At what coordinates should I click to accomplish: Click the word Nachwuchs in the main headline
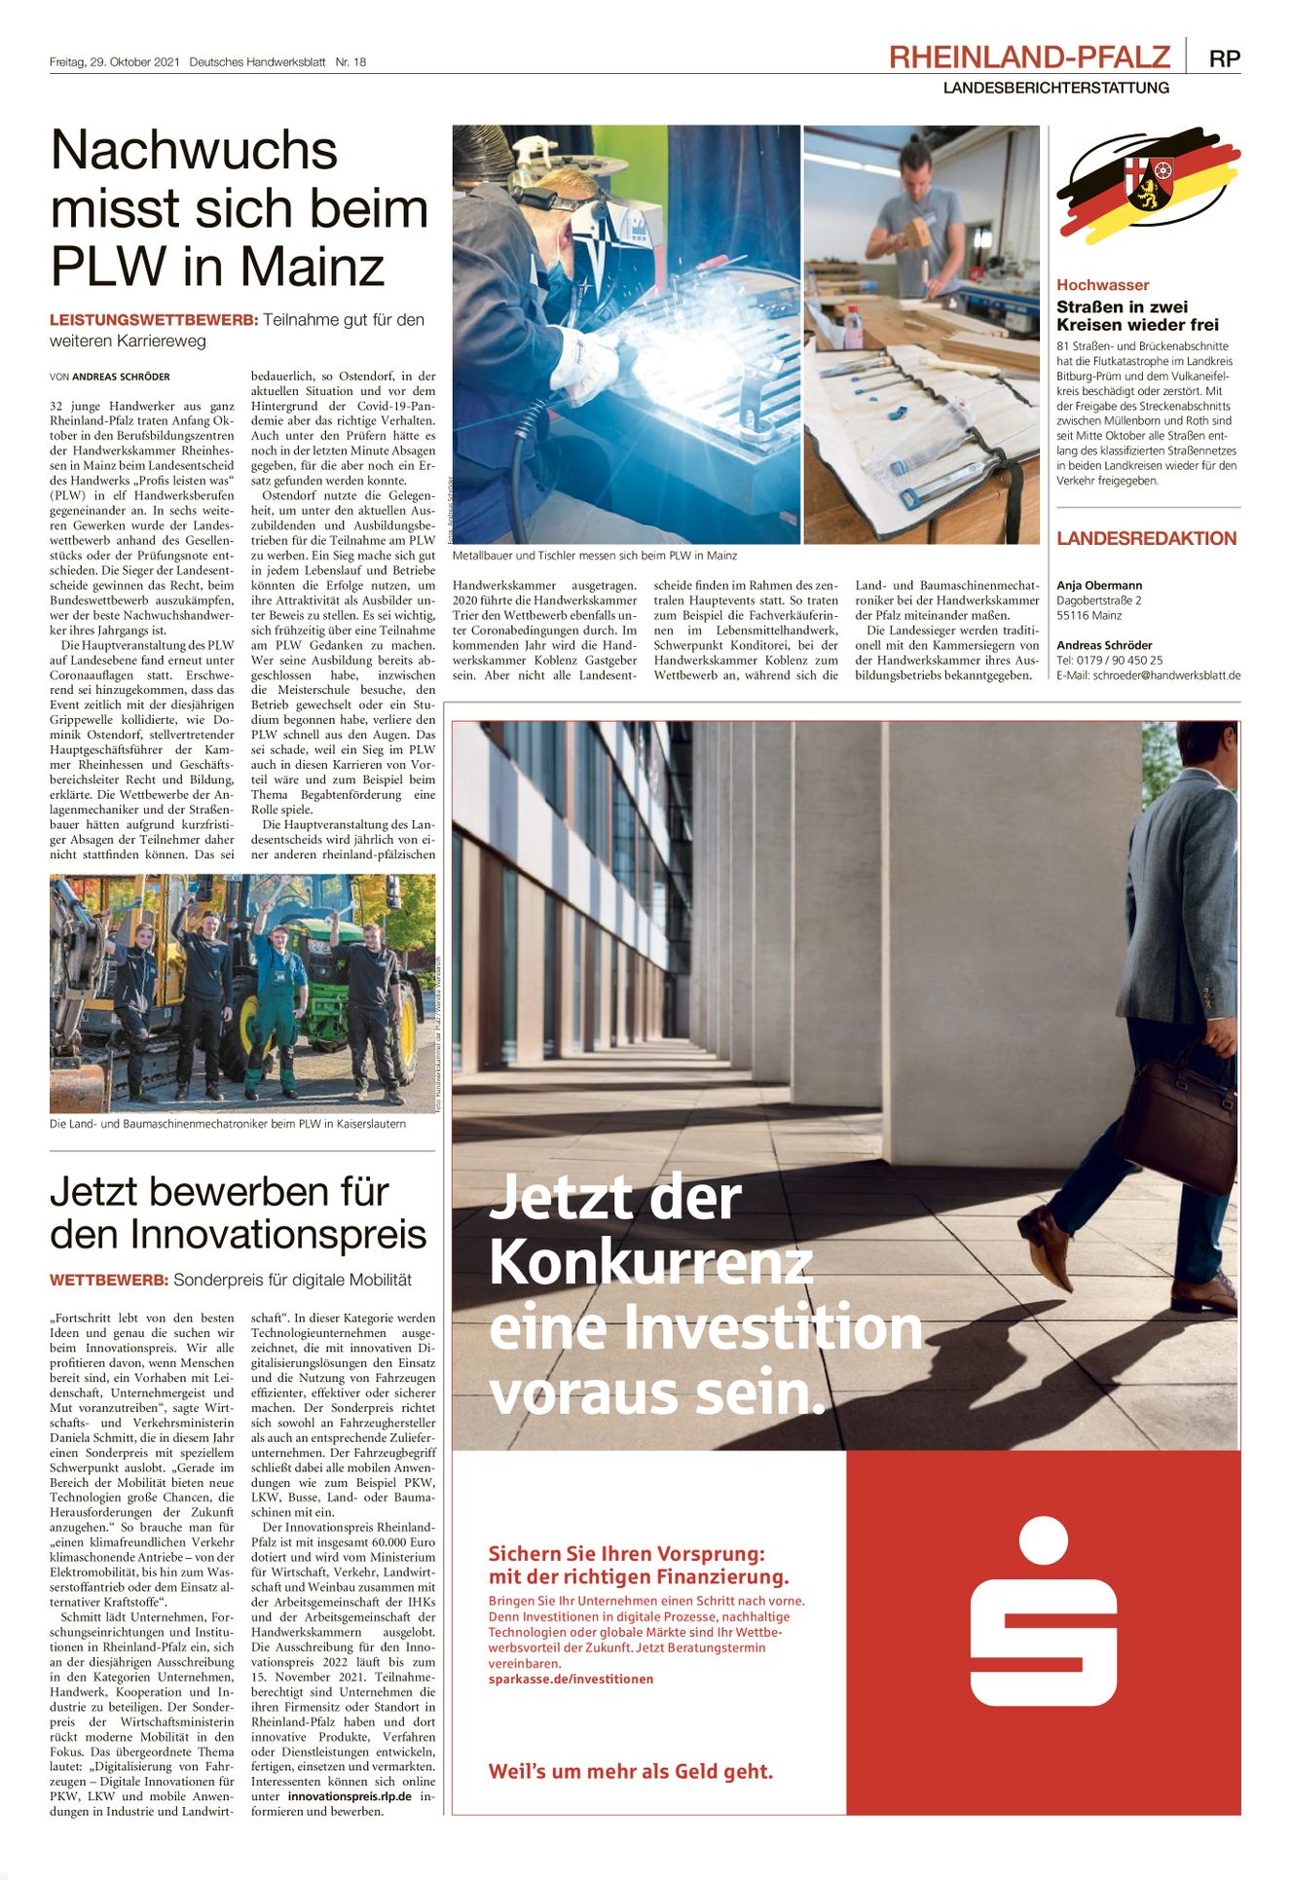[194, 151]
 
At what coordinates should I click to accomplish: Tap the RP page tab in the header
[1224, 58]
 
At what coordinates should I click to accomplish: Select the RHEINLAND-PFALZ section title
[1029, 57]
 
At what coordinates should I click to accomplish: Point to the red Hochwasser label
[1102, 285]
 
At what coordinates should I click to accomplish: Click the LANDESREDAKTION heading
[1146, 538]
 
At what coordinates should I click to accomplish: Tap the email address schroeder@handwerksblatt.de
[1166, 675]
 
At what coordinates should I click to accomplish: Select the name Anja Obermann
[1099, 586]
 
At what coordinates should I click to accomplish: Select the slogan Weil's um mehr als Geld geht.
[630, 1771]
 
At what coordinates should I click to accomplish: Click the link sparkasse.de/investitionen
[571, 1679]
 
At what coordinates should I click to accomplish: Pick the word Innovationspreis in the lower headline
[278, 1235]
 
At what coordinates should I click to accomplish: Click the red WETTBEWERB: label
[109, 1280]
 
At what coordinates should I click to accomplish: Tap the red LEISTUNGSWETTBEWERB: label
[154, 320]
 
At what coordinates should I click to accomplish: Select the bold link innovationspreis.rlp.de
[350, 1796]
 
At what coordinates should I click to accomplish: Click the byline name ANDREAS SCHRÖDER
[121, 377]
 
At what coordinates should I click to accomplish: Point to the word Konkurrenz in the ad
[650, 1262]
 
